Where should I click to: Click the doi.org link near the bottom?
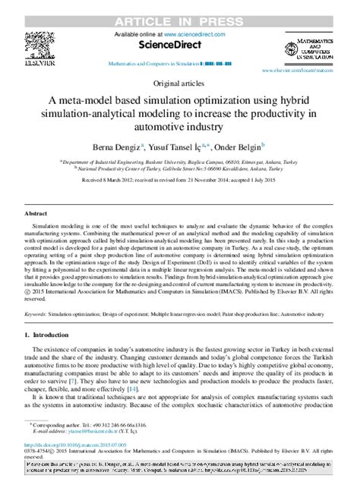[76, 445]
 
